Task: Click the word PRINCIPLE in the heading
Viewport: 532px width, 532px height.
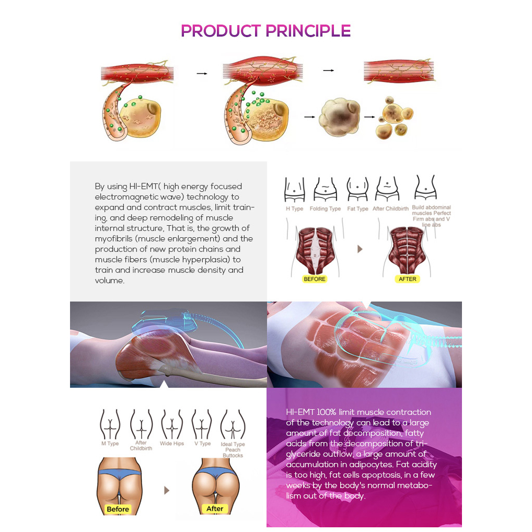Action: pyautogui.click(x=308, y=31)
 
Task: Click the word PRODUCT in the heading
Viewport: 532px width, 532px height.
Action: pyautogui.click(x=221, y=31)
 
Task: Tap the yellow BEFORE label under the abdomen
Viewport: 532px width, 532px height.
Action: pyautogui.click(x=315, y=279)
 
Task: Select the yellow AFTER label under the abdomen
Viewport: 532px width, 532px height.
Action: pyautogui.click(x=407, y=279)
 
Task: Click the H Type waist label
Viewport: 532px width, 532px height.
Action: pyautogui.click(x=295, y=209)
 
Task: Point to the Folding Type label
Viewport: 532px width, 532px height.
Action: pyautogui.click(x=325, y=209)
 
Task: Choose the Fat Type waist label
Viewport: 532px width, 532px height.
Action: pyautogui.click(x=357, y=209)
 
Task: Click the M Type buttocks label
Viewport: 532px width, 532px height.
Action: pyautogui.click(x=110, y=444)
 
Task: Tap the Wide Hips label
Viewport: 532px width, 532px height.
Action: pyautogui.click(x=172, y=444)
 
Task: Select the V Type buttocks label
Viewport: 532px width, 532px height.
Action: pyautogui.click(x=203, y=444)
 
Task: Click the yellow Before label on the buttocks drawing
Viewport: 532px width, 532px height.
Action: pyautogui.click(x=118, y=509)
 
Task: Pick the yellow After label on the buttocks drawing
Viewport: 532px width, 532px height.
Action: pyautogui.click(x=215, y=508)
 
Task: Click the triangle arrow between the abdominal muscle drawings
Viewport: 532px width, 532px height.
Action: pyautogui.click(x=360, y=249)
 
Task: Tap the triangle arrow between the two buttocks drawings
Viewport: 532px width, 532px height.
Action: pyautogui.click(x=167, y=490)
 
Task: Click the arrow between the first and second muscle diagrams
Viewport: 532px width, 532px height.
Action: pyautogui.click(x=202, y=73)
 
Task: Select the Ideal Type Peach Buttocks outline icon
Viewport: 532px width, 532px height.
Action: pyautogui.click(x=233, y=424)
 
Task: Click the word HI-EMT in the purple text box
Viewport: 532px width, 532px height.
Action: pyautogui.click(x=300, y=412)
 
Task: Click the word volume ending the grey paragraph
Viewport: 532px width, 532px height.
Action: pyautogui.click(x=109, y=281)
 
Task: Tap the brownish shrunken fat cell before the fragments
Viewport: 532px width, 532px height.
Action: pyautogui.click(x=340, y=117)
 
